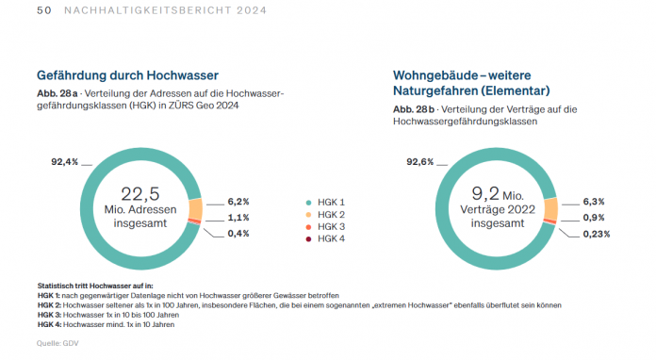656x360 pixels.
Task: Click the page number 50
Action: tap(42, 10)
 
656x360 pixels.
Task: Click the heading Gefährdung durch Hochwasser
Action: tap(127, 74)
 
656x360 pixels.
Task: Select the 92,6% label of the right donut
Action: tap(420, 162)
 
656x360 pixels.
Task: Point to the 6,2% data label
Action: tap(238, 202)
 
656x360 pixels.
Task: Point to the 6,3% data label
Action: tap(595, 202)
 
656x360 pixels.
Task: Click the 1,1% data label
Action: tap(238, 218)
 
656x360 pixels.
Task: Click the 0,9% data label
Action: tap(595, 218)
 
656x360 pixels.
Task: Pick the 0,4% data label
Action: tap(238, 233)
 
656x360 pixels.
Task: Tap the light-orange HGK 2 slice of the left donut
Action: tap(195, 209)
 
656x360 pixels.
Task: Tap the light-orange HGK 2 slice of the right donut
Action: tap(551, 209)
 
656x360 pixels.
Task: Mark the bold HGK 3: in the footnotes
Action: tap(50, 316)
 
